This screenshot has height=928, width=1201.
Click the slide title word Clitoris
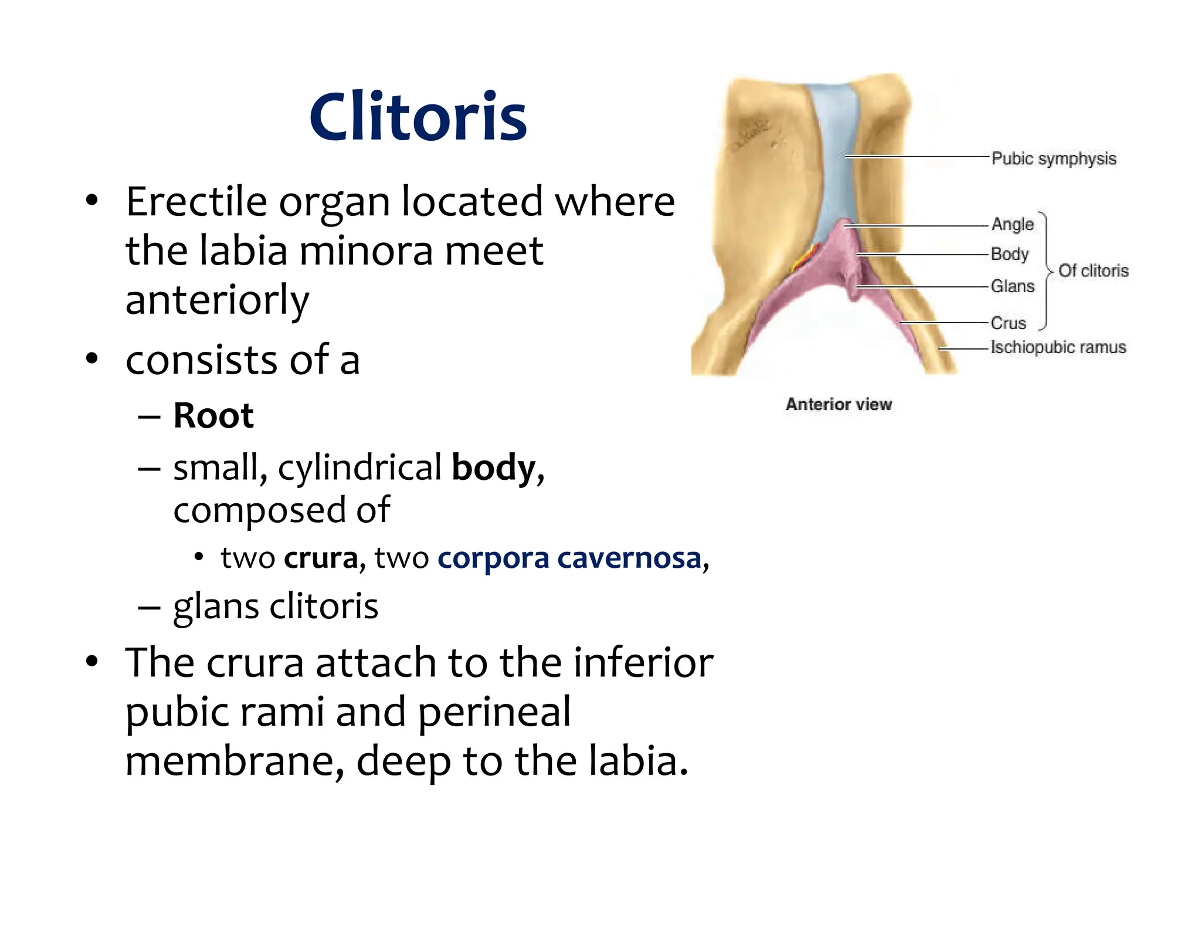coord(418,117)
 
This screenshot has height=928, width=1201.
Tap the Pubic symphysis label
coord(1054,159)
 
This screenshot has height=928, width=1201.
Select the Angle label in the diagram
coord(1012,224)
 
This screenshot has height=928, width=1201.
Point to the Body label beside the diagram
coord(1010,255)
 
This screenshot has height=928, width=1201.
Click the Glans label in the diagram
coord(1013,286)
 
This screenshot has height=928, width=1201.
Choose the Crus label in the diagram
coord(1009,323)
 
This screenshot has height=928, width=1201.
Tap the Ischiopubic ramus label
coord(1058,347)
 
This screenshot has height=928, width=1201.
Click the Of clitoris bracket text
coord(1093,270)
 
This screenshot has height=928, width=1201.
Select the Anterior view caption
coord(839,404)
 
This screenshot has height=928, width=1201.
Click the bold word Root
coord(213,416)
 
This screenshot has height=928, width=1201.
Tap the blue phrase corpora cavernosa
coord(569,558)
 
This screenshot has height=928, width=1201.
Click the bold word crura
coord(321,558)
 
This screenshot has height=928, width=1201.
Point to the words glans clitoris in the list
coord(276,606)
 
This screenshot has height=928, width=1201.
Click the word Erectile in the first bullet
coord(196,202)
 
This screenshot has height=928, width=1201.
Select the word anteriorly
coord(217,300)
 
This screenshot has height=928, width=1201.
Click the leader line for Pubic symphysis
coord(915,157)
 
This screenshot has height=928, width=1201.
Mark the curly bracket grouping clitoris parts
coord(1045,271)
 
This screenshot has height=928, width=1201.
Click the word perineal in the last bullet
coord(494,712)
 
